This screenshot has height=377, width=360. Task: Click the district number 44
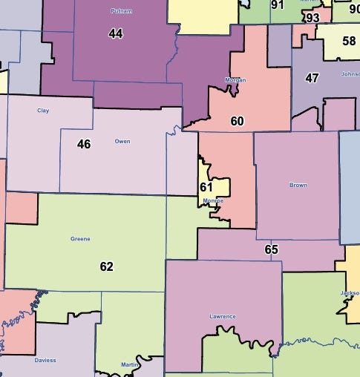click(x=116, y=34)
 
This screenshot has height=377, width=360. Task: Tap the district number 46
click(x=84, y=144)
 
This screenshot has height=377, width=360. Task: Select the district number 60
click(x=237, y=121)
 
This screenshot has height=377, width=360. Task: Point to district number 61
click(x=206, y=187)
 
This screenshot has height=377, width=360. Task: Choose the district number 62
click(x=106, y=266)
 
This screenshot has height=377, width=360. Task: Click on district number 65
click(x=271, y=249)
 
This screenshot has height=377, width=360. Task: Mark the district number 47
click(x=312, y=77)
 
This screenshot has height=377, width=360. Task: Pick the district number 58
click(x=349, y=40)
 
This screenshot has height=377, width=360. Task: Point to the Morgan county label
click(x=235, y=80)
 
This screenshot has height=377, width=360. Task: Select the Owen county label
click(x=122, y=140)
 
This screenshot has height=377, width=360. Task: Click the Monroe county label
click(x=212, y=201)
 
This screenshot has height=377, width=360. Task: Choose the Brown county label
click(x=298, y=185)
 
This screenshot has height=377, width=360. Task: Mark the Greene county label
click(x=80, y=239)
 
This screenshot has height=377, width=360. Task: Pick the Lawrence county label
click(x=223, y=316)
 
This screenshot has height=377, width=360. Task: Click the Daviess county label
click(x=45, y=361)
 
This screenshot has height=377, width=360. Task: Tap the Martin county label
click(x=130, y=364)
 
